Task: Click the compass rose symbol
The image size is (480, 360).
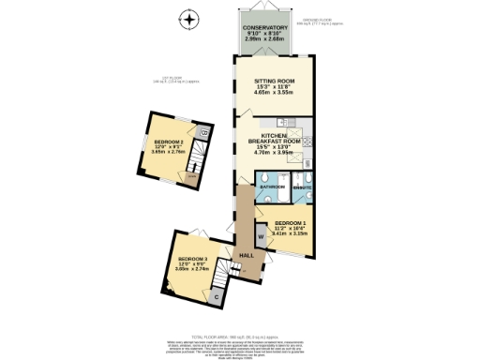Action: click(190, 19)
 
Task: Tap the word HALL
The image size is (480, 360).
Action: click(247, 256)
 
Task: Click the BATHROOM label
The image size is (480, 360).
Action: click(273, 187)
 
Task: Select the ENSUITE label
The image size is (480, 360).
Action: click(302, 187)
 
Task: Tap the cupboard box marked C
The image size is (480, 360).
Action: click(217, 297)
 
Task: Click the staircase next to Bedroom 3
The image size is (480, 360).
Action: click(219, 276)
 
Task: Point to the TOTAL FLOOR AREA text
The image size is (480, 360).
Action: click(240, 335)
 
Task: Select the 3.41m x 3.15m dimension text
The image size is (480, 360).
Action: click(292, 234)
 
